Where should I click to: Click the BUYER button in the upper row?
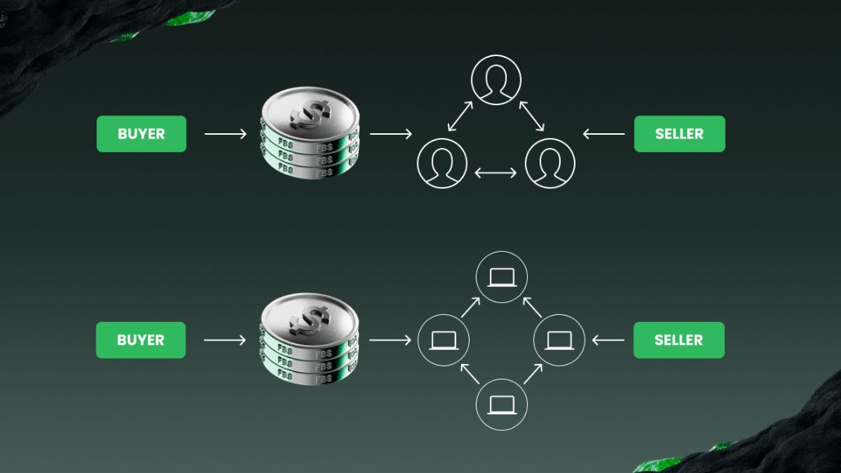click(142, 134)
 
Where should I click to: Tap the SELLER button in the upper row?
click(680, 134)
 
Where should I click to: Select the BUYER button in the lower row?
click(140, 340)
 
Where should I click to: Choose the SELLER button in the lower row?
click(679, 340)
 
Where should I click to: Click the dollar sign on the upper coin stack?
click(311, 115)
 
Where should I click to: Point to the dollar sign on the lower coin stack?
click(309, 321)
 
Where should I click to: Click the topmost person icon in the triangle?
click(496, 80)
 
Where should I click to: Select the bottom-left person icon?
click(442, 163)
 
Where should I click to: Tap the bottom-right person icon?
click(550, 163)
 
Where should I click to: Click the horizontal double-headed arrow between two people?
click(495, 173)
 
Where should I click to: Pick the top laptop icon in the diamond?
click(501, 277)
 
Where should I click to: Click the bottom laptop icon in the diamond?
click(501, 404)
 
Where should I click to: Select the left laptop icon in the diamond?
click(444, 340)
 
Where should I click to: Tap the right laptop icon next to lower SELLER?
click(559, 340)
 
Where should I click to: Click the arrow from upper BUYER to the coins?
click(225, 134)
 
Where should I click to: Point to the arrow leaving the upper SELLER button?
click(603, 134)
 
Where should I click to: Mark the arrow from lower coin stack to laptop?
click(390, 340)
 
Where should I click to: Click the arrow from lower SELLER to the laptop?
click(608, 340)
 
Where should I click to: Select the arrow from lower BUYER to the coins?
click(225, 340)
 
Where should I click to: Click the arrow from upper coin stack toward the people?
click(391, 134)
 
